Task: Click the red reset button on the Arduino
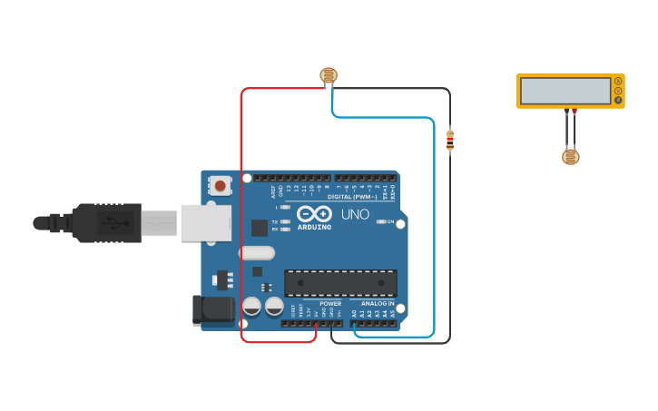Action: [220, 186]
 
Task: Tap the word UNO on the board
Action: [355, 214]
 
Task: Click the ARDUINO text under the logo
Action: [315, 227]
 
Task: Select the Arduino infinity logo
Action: [315, 214]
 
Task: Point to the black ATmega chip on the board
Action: [340, 283]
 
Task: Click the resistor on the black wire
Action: [450, 141]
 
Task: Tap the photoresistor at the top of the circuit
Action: [328, 75]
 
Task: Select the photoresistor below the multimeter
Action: [570, 157]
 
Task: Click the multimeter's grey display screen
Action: [565, 91]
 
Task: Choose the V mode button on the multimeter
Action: [618, 91]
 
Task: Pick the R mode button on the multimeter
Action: [618, 100]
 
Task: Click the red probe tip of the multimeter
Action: [575, 112]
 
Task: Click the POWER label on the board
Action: [330, 304]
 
